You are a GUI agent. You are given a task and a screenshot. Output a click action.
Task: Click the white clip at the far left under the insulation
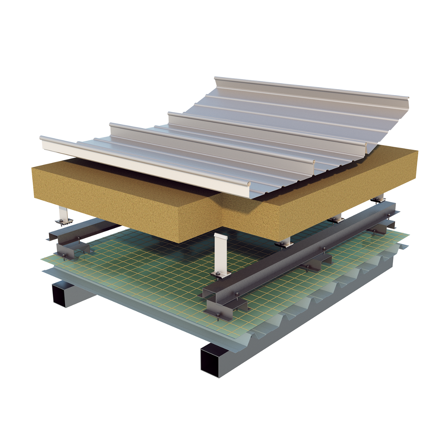click(x=63, y=215)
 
